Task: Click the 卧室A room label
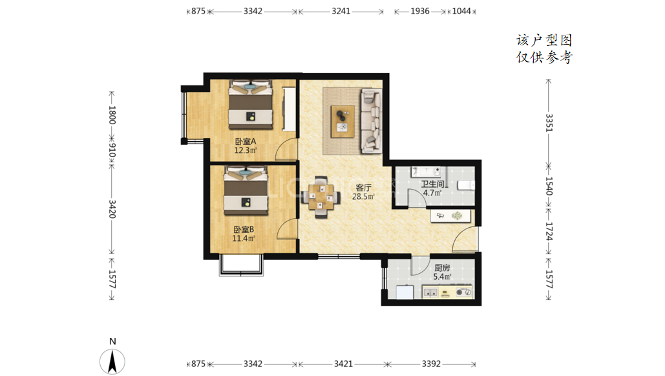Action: (245, 141)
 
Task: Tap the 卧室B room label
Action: (244, 230)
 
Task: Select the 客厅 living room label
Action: (363, 188)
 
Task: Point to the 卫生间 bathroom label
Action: (432, 184)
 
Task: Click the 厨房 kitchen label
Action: (442, 268)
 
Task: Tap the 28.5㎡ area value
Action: (363, 196)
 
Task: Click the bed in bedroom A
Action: (250, 104)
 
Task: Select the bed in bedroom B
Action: (246, 191)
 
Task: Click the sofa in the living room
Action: (372, 120)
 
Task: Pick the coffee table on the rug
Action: (343, 121)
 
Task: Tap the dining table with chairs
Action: (321, 197)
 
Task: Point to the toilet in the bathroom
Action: (466, 186)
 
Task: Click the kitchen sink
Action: (431, 293)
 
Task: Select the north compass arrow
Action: (112, 362)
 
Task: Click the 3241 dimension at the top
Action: (341, 11)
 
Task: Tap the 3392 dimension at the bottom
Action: (431, 364)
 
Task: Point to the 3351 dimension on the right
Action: (549, 123)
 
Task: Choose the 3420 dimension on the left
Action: (112, 209)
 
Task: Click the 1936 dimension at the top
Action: (420, 11)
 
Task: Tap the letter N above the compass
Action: (112, 341)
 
